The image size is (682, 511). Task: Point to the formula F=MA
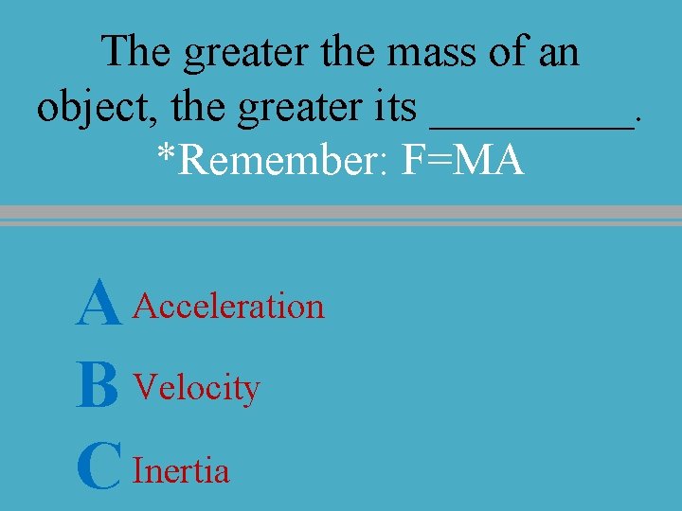tap(463, 161)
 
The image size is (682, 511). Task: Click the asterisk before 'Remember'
tap(167, 155)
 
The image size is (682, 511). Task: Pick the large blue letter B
tap(99, 389)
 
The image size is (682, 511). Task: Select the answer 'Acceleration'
tap(229, 307)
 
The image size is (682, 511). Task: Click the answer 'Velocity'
tap(197, 388)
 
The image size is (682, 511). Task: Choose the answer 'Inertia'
tap(182, 470)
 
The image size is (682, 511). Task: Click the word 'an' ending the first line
tap(557, 53)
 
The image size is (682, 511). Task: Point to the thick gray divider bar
tap(341, 213)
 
